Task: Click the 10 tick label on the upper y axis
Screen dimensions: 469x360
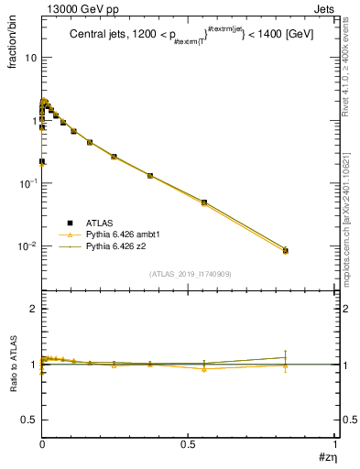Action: [30, 58]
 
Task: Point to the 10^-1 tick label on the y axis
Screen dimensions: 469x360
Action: [27, 183]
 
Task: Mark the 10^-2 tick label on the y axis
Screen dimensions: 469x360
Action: [27, 246]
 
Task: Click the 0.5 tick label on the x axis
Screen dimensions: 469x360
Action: [188, 442]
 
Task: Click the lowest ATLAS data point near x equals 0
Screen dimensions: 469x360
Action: [42, 161]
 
